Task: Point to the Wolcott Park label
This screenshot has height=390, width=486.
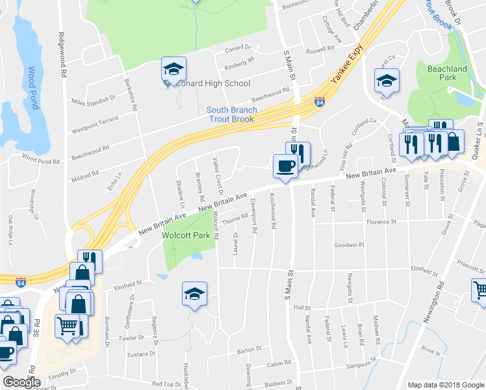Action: point(189,235)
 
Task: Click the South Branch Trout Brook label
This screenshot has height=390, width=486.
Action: point(232,114)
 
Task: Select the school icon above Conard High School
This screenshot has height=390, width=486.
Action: point(173,70)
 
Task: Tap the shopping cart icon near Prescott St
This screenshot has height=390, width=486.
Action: point(479,290)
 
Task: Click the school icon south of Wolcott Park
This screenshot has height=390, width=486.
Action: point(194,294)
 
